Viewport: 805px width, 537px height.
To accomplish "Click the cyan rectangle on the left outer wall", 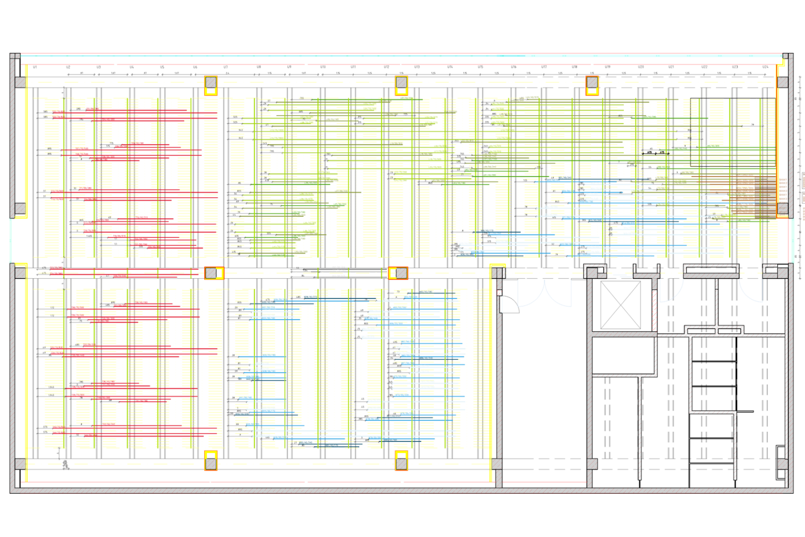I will pos(21,240).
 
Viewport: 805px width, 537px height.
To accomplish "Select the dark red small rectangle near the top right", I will pos(552,69).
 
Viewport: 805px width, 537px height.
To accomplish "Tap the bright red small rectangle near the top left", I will pos(83,68).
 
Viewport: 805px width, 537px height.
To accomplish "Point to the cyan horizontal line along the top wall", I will pos(639,56).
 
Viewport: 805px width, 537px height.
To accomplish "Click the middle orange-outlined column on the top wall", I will pos(401,83).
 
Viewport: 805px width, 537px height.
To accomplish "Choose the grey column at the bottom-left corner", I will pos(21,464).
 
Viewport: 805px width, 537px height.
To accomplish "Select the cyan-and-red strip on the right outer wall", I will pos(794,237).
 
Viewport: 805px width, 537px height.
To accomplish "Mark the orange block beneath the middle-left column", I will pos(213,284).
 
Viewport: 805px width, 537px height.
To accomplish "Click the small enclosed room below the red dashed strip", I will pos(624,355).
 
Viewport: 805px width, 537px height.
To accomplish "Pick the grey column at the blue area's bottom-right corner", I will pos(592,464).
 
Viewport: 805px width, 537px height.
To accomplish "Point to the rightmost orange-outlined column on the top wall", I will pos(592,83).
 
